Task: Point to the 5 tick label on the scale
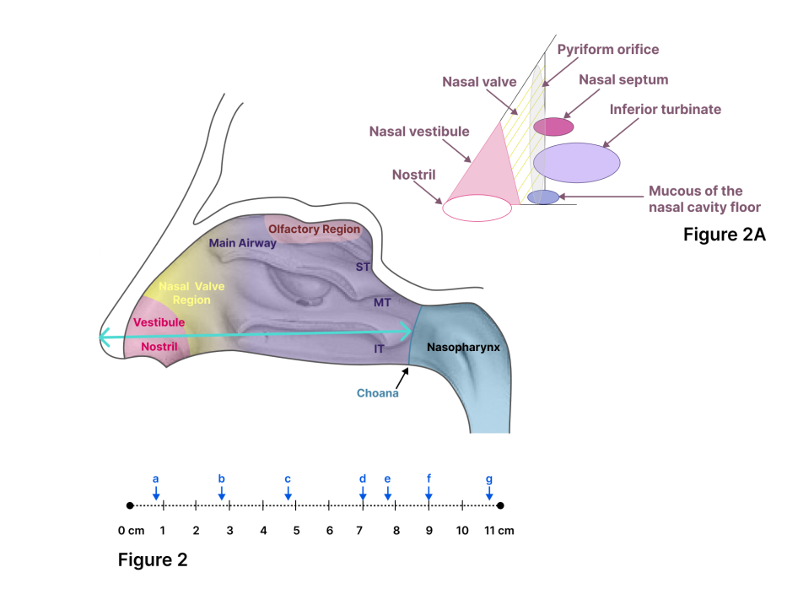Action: tap(296, 531)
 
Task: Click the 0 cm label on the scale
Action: tap(132, 531)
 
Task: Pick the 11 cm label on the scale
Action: tap(498, 531)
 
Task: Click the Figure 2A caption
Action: tap(724, 235)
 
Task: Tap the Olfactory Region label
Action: tap(314, 229)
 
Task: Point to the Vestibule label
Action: tap(159, 322)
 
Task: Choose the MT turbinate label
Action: tap(382, 301)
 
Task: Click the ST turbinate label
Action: tap(364, 267)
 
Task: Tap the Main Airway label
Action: tap(243, 243)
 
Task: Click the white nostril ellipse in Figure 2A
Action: tap(477, 208)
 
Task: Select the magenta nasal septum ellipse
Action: tap(553, 127)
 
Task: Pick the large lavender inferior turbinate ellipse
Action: tap(577, 162)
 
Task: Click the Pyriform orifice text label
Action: tap(608, 50)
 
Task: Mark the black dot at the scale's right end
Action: tap(500, 506)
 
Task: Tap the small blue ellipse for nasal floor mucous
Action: tap(543, 197)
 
